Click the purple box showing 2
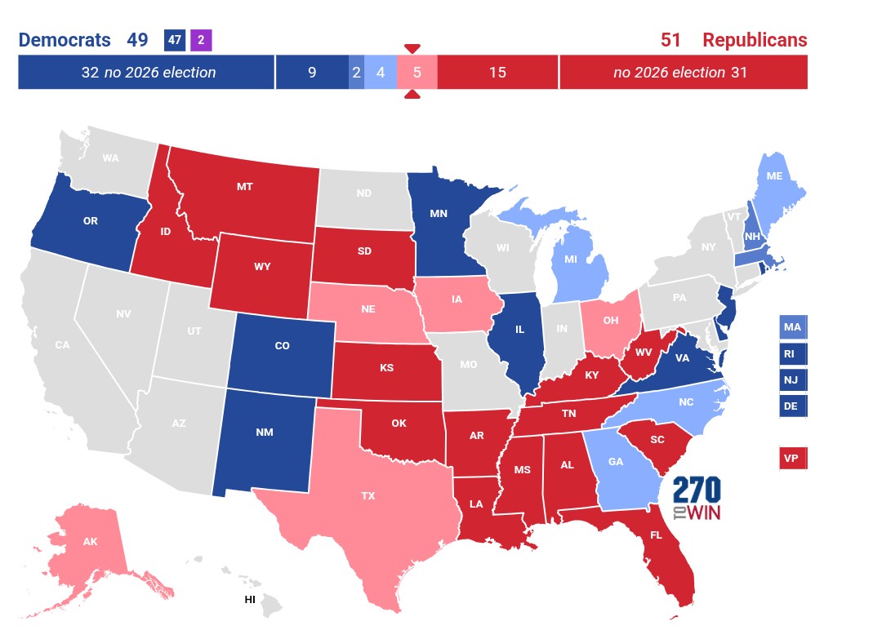(x=201, y=39)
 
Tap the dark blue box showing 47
(x=175, y=39)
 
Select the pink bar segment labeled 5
(x=416, y=73)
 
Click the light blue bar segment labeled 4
(x=381, y=73)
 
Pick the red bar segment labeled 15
(x=497, y=73)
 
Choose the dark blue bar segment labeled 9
(x=312, y=73)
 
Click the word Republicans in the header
(x=755, y=40)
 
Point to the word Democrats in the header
(x=65, y=40)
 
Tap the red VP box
(x=792, y=459)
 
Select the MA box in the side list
(x=792, y=327)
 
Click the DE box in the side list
(x=792, y=406)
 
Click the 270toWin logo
(x=697, y=499)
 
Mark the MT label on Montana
(x=244, y=187)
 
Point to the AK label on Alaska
(x=91, y=541)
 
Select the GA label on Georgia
(x=616, y=461)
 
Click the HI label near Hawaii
(x=250, y=600)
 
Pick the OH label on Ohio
(x=610, y=320)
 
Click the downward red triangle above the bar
(x=412, y=48)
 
